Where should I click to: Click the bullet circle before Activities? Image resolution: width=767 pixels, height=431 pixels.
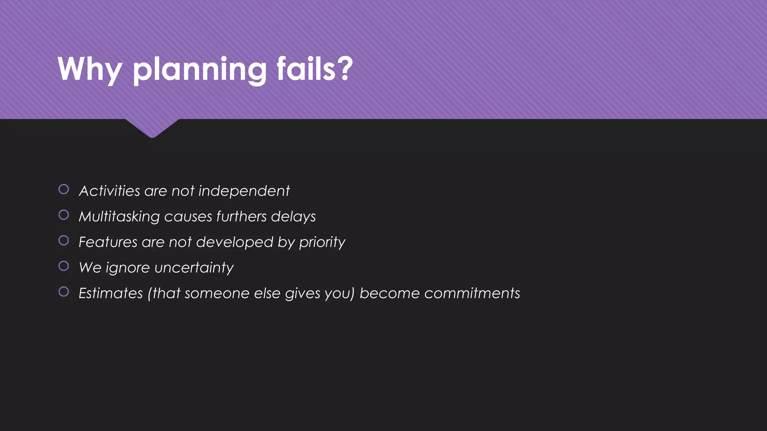click(x=64, y=189)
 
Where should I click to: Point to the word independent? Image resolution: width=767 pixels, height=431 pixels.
click(x=244, y=191)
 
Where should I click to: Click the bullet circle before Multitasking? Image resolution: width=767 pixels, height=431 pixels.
click(x=64, y=215)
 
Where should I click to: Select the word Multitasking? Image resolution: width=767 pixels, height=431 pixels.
click(x=119, y=217)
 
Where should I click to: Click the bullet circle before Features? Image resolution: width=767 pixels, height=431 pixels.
click(x=64, y=240)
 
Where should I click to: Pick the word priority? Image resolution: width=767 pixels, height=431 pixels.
click(x=322, y=242)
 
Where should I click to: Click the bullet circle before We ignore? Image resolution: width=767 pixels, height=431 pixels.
click(x=64, y=266)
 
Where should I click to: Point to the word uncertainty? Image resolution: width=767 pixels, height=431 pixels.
click(x=194, y=268)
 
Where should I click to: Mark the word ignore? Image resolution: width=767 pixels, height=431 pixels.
click(x=128, y=268)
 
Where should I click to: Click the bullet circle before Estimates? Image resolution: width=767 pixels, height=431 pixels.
click(x=64, y=291)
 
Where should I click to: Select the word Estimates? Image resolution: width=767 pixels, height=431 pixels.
click(x=111, y=293)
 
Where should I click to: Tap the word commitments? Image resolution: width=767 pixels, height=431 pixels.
click(x=472, y=293)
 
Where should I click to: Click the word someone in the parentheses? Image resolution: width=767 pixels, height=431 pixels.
click(x=217, y=293)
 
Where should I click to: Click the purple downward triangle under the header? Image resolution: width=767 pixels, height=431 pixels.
click(x=152, y=127)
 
